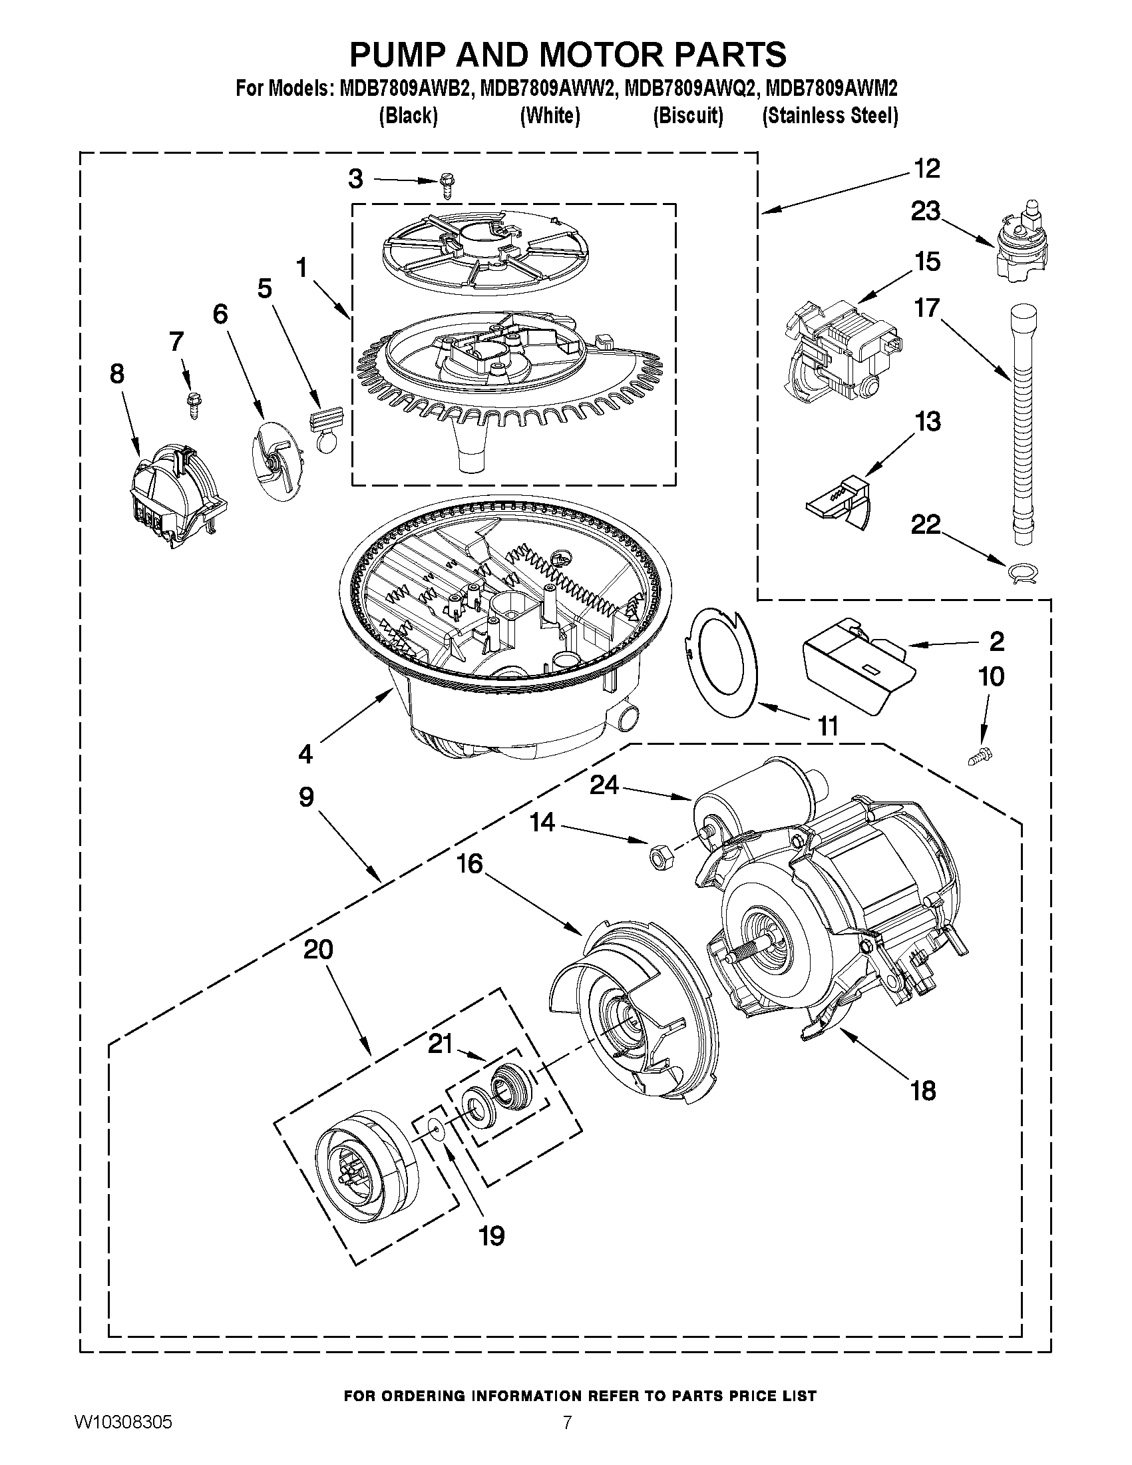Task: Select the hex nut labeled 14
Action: click(658, 856)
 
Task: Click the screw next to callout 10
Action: click(980, 757)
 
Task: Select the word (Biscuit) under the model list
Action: click(688, 116)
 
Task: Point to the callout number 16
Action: click(470, 864)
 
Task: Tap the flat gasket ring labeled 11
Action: click(721, 661)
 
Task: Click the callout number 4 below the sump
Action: click(305, 754)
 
